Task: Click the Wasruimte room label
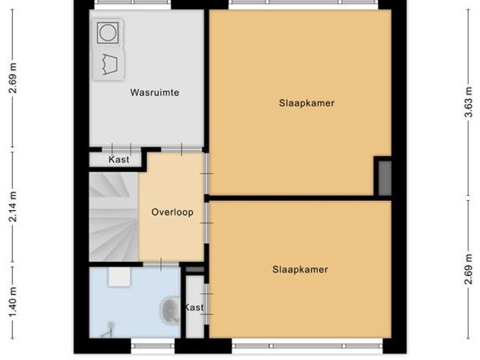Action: (155, 93)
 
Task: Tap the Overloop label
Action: (172, 212)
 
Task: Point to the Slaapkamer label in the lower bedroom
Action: (300, 269)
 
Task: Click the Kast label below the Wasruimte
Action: (118, 160)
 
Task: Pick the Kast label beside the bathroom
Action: (194, 307)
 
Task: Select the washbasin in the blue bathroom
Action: (171, 310)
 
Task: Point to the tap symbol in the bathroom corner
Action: (110, 327)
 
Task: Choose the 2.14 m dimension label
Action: (13, 202)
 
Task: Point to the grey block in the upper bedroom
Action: (382, 177)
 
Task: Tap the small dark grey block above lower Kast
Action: (194, 270)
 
